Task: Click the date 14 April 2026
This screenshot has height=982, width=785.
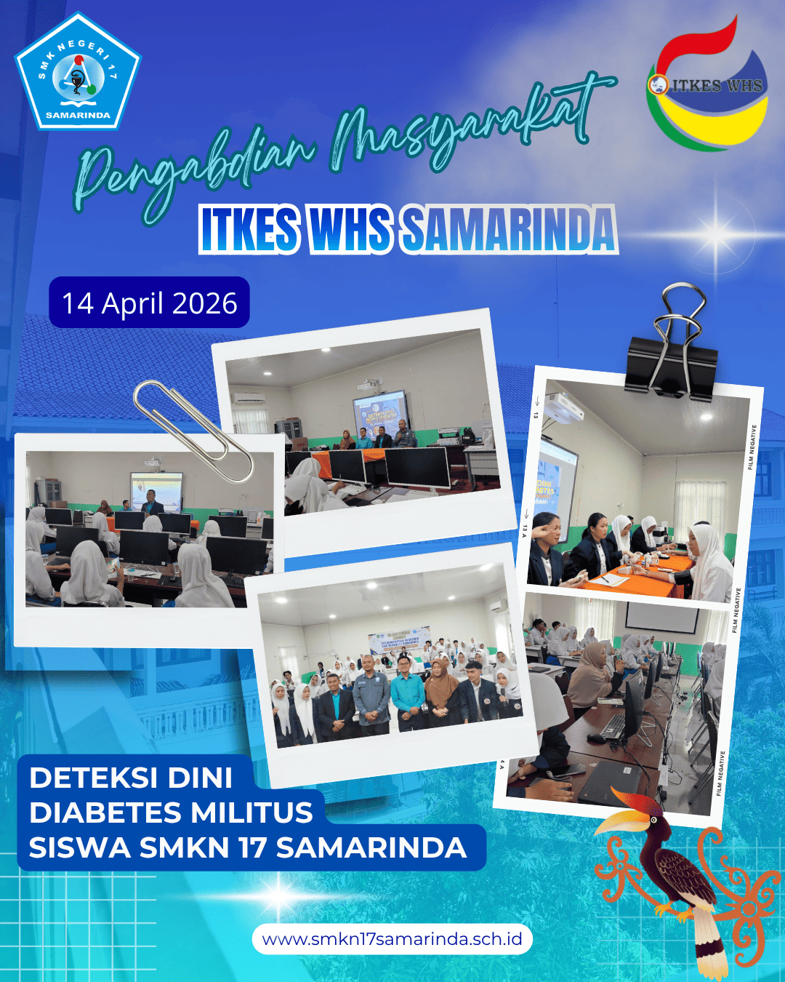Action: point(150,303)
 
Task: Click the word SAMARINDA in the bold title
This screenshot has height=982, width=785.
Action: point(509,229)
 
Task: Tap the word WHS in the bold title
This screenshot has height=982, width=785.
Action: point(350,229)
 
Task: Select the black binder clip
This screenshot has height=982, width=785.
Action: point(672,349)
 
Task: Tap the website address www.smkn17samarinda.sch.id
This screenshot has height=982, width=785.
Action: point(392,939)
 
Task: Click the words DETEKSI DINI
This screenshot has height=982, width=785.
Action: point(131,778)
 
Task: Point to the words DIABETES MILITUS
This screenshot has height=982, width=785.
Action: point(171,813)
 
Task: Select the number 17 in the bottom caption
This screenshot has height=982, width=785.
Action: point(254,847)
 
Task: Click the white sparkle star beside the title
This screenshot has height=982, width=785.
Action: point(716,233)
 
